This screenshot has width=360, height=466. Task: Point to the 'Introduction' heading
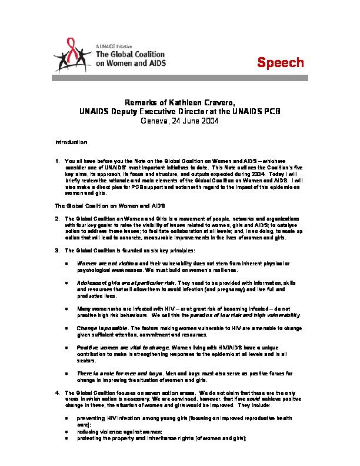(71, 143)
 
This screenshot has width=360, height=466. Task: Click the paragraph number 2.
(56, 218)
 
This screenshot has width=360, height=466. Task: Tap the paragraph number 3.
(56, 249)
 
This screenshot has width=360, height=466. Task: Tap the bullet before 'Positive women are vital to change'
(70, 348)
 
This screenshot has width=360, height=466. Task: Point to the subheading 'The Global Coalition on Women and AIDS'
(100, 205)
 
